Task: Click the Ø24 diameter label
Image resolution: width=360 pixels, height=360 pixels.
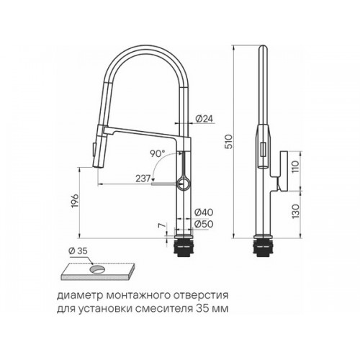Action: point(204,119)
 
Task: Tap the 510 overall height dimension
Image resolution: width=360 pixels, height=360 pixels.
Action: point(229,142)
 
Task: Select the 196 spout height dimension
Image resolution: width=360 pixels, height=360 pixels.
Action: point(75,201)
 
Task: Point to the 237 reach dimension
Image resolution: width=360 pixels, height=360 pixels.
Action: point(143,179)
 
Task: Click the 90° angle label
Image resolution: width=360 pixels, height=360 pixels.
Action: point(158,153)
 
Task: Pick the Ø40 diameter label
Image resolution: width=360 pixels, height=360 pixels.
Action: point(204,212)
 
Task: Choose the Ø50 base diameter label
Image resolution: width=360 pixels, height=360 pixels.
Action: point(204,224)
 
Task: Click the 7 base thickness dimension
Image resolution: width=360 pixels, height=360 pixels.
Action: point(162,225)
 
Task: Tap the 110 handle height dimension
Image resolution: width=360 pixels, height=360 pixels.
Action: point(295,167)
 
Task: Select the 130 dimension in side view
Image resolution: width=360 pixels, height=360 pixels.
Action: point(295,211)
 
